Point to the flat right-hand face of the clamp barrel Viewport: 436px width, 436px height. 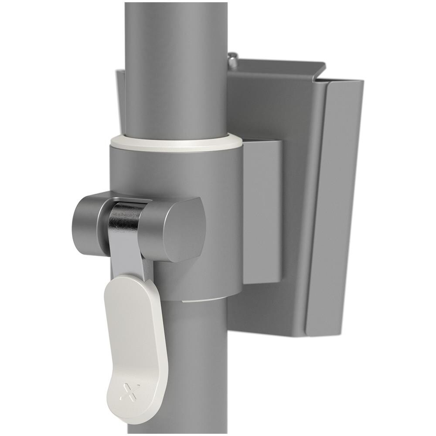point(185,229)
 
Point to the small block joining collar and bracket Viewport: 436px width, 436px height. point(262,209)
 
